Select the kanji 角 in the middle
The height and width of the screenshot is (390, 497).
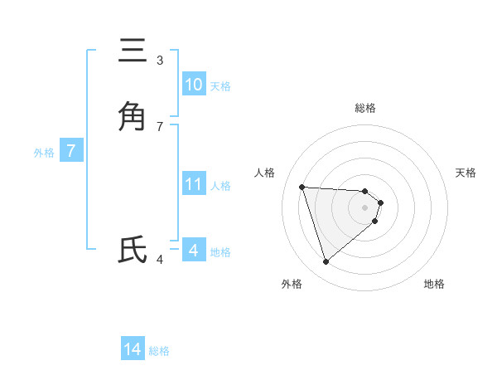coord(133,116)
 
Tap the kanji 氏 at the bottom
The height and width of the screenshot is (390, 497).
coord(133,250)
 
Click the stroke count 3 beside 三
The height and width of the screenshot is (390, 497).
coord(160,61)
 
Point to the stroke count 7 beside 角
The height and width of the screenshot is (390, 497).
coord(160,126)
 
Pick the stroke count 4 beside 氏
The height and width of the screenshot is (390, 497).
coord(160,260)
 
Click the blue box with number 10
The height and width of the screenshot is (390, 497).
coord(194,85)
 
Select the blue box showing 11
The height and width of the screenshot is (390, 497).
coord(194,184)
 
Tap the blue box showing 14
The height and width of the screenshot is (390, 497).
coord(133,349)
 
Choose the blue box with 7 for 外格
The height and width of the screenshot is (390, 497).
coord(71,151)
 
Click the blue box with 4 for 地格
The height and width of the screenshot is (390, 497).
coord(194,250)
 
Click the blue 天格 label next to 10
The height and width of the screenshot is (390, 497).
coord(220,86)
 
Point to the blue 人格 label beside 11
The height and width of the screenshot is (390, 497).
coord(220,186)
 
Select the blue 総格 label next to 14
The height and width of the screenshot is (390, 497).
coord(159,351)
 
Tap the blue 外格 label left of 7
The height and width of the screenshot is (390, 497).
coord(44,153)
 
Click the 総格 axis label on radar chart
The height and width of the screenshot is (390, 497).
coord(365,108)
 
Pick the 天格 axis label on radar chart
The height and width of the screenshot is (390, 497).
coord(466,173)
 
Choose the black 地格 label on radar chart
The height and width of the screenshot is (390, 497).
coord(434,284)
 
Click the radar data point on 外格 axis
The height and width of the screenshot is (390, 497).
coord(326,262)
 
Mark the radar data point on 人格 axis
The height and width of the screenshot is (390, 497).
coord(302,187)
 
